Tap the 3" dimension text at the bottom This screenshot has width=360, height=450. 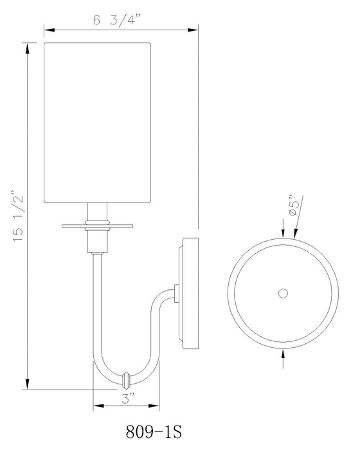126,399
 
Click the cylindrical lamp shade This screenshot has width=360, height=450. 97,122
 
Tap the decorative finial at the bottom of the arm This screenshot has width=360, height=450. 126,375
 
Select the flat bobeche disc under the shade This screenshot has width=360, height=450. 97,226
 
